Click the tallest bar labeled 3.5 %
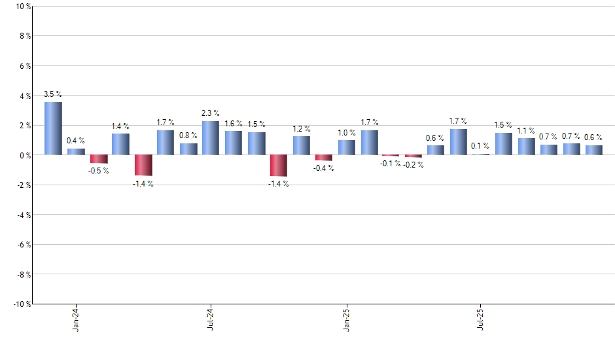[x=53, y=128]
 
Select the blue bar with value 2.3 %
[x=210, y=138]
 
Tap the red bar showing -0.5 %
[x=99, y=158]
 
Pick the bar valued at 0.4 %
[x=76, y=152]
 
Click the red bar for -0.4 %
[x=323, y=158]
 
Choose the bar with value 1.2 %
[x=301, y=145]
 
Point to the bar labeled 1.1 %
[x=526, y=147]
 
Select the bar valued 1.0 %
[x=346, y=147]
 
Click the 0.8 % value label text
[x=188, y=135]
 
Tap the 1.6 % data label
[x=234, y=123]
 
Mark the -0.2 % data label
[x=413, y=165]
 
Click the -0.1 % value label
[x=391, y=164]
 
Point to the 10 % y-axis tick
[x=22, y=7]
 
